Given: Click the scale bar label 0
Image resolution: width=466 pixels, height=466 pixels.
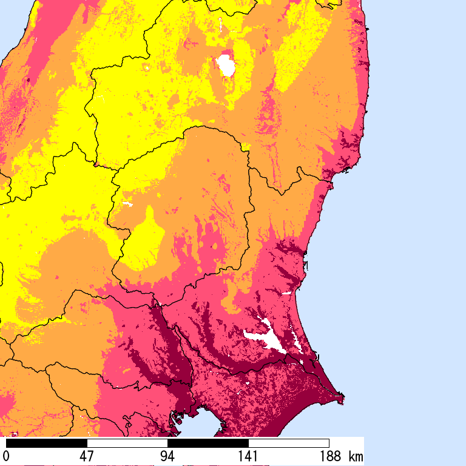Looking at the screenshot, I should coord(6,456).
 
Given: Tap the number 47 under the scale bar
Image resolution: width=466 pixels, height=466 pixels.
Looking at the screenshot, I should coord(87,456).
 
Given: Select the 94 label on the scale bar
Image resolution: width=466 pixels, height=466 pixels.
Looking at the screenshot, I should coord(167,456).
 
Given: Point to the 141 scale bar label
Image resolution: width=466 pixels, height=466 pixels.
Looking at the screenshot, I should coord(248,456).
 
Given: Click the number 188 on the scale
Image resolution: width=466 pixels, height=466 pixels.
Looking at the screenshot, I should coord(328,456).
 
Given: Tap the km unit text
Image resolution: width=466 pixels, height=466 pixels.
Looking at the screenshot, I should coord(356,456).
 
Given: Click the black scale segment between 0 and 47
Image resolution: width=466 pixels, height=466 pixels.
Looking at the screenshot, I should coord(47,443).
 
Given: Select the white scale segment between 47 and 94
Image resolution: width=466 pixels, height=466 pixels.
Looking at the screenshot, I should coord(127,443).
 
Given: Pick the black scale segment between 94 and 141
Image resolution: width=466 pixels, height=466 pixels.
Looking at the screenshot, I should coord(208,443).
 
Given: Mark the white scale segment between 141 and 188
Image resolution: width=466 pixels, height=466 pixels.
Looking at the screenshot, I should coord(289,443).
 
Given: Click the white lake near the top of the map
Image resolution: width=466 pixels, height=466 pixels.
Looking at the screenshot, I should coord(226,66).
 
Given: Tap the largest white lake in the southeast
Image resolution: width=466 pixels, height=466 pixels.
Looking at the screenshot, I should coord(267,339).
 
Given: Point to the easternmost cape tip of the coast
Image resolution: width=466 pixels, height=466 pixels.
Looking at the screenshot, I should coord(343,399).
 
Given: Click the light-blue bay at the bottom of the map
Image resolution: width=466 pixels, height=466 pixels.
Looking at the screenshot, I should coord(200,428).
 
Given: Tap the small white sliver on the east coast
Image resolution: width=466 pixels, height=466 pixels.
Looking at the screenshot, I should coord(285,294).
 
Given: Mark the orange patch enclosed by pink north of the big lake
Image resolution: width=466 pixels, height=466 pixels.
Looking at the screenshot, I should coord(234,303).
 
